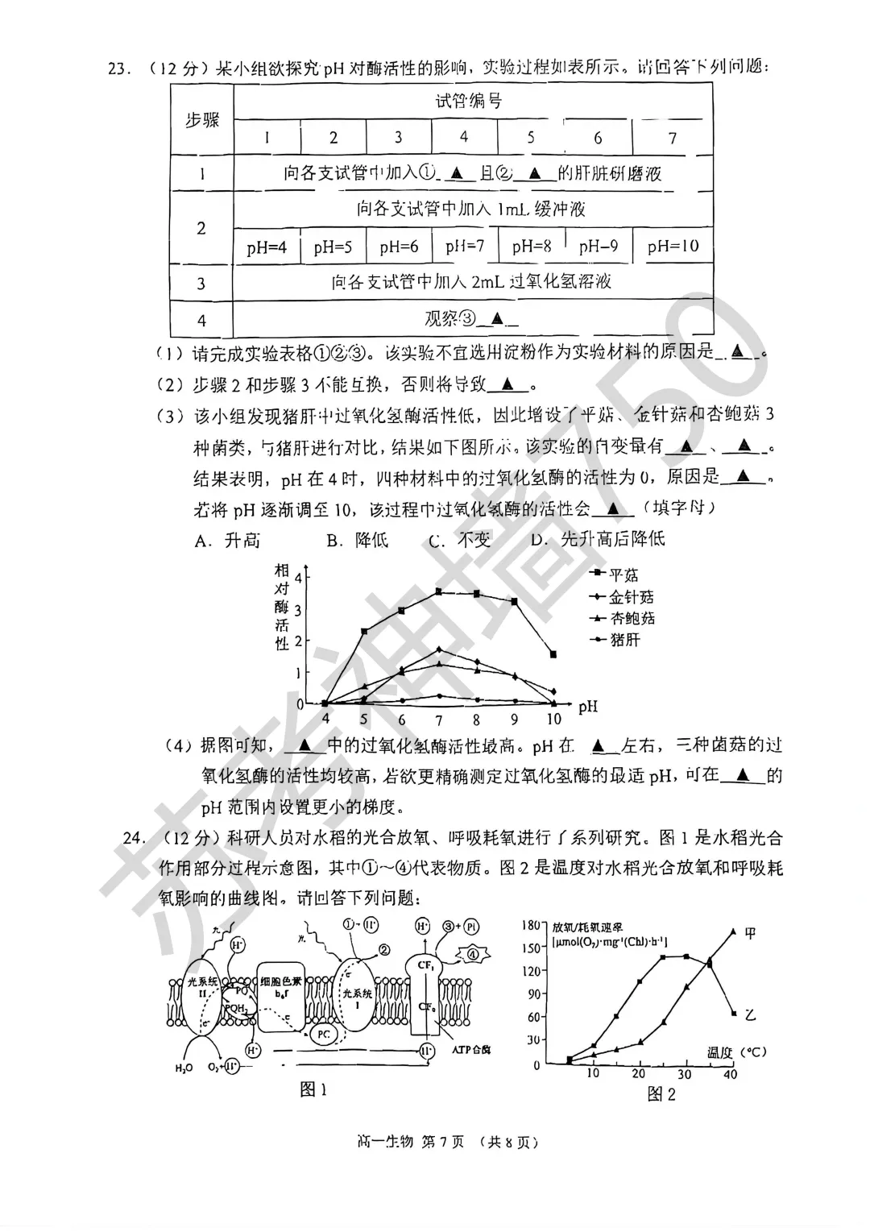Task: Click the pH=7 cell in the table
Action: pyautogui.click(x=465, y=247)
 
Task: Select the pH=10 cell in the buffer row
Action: pyautogui.click(x=673, y=247)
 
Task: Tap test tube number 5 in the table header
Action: pyautogui.click(x=531, y=138)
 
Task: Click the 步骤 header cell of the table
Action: pyautogui.click(x=202, y=120)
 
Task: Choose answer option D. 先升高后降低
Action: pyautogui.click(x=598, y=539)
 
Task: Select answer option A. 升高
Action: pyautogui.click(x=227, y=540)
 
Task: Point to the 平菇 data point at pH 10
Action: pyautogui.click(x=553, y=654)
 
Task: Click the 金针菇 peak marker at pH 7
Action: pyautogui.click(x=439, y=649)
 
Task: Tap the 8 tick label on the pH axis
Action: pyautogui.click(x=477, y=720)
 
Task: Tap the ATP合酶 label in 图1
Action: pyautogui.click(x=471, y=1049)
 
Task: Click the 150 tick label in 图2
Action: pyautogui.click(x=529, y=948)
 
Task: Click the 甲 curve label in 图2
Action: pyautogui.click(x=751, y=934)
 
